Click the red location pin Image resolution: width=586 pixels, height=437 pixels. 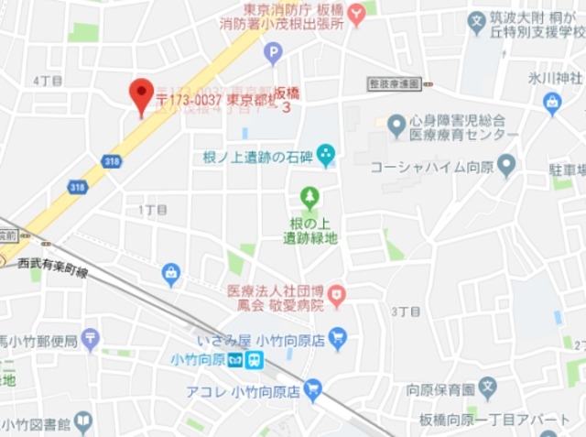tap(141, 94)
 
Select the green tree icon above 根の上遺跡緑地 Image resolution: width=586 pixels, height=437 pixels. tap(310, 197)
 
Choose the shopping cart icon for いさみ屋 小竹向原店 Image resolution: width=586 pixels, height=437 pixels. tap(338, 338)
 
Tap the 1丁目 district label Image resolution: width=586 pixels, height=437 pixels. tap(153, 209)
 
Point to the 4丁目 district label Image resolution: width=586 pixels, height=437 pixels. tap(47, 81)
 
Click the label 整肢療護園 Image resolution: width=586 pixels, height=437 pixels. tap(395, 83)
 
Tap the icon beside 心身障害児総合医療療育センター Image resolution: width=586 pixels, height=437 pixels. tap(396, 126)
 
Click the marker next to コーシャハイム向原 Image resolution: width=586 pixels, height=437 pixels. tap(506, 167)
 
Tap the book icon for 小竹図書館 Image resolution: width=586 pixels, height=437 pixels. tap(83, 422)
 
